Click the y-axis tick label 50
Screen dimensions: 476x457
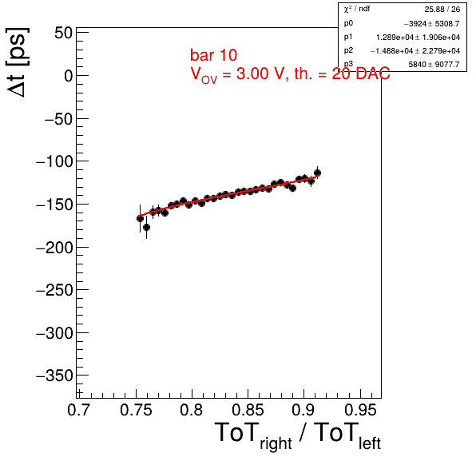pos(63,33)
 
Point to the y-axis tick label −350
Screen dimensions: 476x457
pos(54,376)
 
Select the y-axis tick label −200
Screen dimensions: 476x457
pos(54,248)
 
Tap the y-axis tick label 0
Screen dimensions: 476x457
pos(69,76)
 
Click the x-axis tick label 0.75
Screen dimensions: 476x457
pos(136,410)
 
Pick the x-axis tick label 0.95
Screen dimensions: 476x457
pos(360,410)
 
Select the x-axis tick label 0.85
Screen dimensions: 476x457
pos(248,410)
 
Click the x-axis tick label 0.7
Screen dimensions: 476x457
pos(78,410)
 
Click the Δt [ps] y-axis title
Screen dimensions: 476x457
pos(18,62)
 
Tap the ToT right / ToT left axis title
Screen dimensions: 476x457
pos(297,435)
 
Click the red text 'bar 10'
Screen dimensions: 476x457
pos(213,55)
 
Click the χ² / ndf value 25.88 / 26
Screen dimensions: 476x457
pos(442,10)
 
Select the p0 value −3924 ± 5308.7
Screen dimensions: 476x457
pos(432,23)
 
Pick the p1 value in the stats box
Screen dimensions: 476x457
pos(418,38)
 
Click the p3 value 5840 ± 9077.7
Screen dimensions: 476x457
pos(434,64)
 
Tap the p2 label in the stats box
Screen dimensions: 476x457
pos(348,50)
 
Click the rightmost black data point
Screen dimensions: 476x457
pos(317,173)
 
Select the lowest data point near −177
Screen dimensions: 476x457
pos(146,227)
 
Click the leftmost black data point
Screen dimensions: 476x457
pos(140,218)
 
